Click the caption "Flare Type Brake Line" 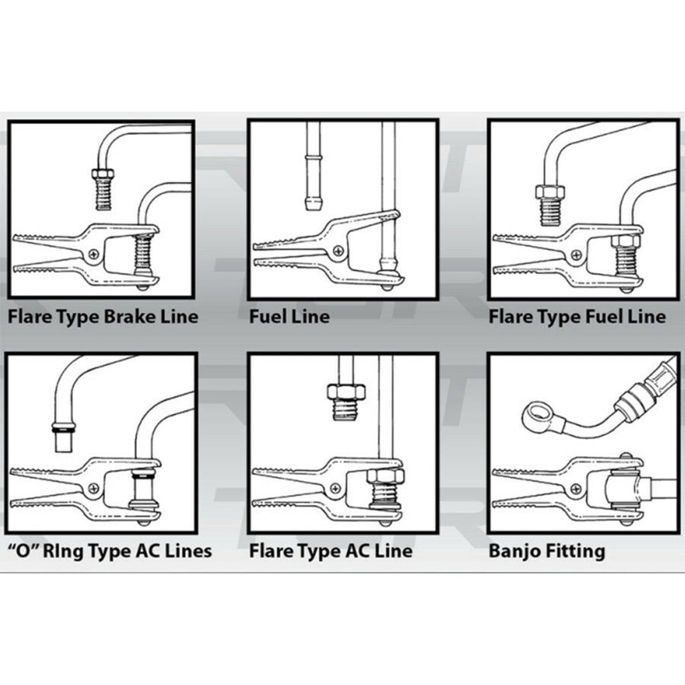point(103,316)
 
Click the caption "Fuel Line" point(289,316)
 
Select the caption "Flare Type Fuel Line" point(577,316)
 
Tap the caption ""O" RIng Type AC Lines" point(109,551)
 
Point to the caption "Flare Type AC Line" point(330,551)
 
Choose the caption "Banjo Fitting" point(547,551)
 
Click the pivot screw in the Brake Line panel point(94,254)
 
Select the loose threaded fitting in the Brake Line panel point(102,189)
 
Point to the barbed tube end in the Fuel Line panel point(312,201)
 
